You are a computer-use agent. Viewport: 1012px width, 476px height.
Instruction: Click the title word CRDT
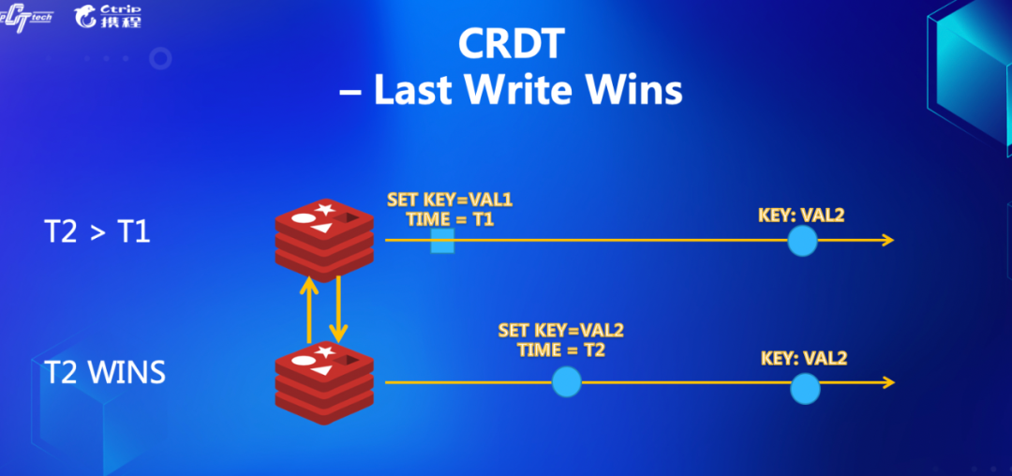[x=512, y=44]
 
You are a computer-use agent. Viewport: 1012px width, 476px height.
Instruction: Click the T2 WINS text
[x=105, y=373]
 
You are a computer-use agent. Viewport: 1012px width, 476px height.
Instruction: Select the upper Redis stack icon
[x=324, y=239]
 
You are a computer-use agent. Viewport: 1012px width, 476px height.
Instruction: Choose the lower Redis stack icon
[x=324, y=382]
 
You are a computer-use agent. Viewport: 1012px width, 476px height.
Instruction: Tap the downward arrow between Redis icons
[x=337, y=307]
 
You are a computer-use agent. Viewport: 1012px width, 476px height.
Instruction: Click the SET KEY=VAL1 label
[x=450, y=200]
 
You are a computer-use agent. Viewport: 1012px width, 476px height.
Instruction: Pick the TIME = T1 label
[x=450, y=220]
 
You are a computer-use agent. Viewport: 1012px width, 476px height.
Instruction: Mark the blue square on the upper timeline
[x=442, y=241]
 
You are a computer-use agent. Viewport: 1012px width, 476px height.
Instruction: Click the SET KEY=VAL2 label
[x=561, y=331]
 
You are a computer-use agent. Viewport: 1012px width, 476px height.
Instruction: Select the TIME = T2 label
[x=561, y=350]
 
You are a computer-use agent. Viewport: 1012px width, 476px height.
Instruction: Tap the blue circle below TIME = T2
[x=567, y=382]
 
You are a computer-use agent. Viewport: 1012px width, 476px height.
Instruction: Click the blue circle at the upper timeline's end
[x=802, y=241]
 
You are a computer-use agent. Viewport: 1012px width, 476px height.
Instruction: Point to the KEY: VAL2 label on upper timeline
[x=801, y=215]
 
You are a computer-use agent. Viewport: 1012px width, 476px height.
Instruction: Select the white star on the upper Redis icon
[x=323, y=209]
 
